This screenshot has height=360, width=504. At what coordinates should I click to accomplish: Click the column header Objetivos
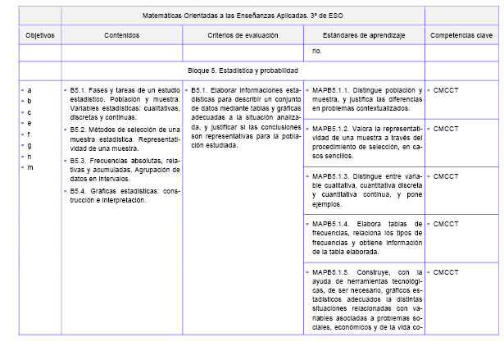39,36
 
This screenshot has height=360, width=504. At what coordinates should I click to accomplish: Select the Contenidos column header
121,36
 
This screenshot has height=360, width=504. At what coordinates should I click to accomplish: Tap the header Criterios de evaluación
243,36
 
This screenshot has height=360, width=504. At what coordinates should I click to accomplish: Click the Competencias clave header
461,36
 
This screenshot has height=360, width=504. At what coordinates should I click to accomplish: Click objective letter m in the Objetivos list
30,166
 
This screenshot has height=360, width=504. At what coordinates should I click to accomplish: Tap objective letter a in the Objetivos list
30,89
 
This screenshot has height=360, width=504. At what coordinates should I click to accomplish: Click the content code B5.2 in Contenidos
79,129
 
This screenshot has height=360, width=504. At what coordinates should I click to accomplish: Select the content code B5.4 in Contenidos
79,191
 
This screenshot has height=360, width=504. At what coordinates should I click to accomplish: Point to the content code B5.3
79,160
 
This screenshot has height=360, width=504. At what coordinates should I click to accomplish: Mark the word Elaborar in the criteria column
228,89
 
